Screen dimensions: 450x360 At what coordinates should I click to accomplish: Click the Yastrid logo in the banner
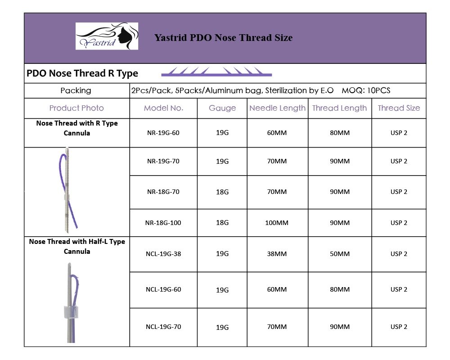point(107,36)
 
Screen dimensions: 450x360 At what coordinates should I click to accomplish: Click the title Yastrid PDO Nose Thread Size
point(223,38)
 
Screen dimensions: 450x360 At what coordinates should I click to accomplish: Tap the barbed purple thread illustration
point(216,72)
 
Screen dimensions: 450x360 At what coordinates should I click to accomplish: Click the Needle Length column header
point(277,108)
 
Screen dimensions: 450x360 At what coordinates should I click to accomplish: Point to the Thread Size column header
point(399,108)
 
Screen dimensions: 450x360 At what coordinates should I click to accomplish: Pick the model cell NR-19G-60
point(164,133)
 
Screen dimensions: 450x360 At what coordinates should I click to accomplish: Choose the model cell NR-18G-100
point(164,223)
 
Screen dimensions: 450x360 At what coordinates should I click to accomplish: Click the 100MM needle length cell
point(277,223)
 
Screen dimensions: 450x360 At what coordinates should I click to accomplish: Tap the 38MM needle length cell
point(277,254)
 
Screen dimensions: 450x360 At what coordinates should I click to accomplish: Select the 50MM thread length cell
point(340,254)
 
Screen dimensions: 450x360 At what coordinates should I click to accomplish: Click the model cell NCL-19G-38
point(164,254)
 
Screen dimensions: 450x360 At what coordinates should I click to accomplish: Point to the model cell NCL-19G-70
point(164,327)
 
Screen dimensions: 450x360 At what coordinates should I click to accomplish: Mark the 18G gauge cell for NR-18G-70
point(222,192)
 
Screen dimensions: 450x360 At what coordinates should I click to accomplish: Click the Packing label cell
point(76,90)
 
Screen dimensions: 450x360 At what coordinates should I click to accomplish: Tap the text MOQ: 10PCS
point(366,90)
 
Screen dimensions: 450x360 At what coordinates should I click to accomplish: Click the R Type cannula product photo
point(68,189)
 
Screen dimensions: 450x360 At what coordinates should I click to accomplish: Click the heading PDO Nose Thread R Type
point(82,73)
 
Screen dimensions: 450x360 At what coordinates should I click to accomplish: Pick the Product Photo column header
point(76,108)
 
